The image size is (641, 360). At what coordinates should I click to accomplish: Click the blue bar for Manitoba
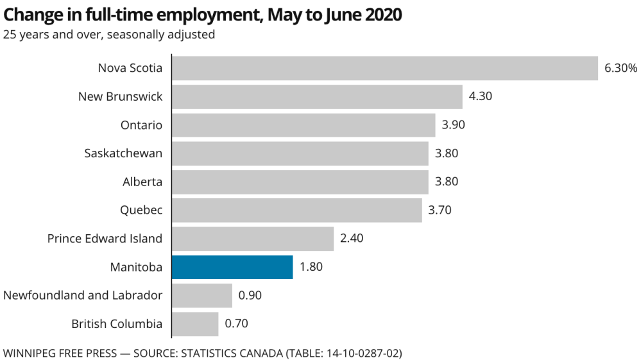coord(232,267)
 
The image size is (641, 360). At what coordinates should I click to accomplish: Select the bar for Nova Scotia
coord(385,68)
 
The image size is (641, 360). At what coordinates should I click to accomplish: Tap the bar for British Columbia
coord(195,323)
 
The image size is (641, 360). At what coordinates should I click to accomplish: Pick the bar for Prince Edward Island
coord(253,239)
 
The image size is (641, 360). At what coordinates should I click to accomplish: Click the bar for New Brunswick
coord(317,96)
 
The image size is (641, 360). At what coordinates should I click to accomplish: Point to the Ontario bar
coord(303,125)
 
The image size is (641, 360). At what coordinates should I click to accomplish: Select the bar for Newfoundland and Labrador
coord(202,295)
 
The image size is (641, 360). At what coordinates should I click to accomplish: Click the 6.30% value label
coord(620,68)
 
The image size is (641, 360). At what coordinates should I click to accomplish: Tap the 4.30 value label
coord(481,96)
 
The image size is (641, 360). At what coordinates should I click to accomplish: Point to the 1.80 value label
coord(311,267)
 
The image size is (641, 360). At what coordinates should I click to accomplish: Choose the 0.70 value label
coord(236,323)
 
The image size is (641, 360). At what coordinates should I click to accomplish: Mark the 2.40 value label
coord(352,239)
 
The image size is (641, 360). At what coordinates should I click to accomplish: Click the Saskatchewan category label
coord(123,153)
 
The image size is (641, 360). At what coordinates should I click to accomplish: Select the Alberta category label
coord(142,182)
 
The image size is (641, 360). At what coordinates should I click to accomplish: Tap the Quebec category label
coord(141,210)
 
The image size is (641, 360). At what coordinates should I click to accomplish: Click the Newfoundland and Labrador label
coord(83,295)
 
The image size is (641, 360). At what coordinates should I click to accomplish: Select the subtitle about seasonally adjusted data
coord(108,35)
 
